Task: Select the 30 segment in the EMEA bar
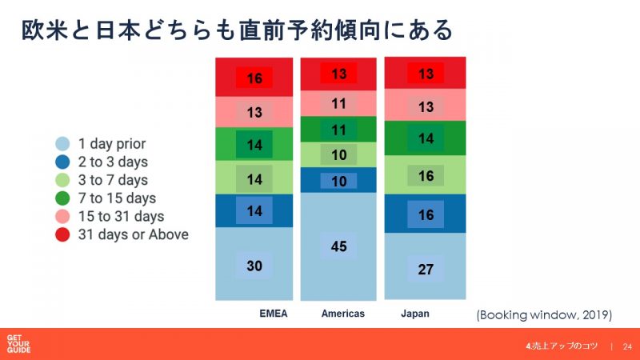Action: pyautogui.click(x=254, y=266)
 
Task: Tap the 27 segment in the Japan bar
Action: pyautogui.click(x=426, y=269)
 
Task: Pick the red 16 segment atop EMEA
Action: pyautogui.click(x=254, y=78)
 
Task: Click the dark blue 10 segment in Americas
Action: pyautogui.click(x=339, y=181)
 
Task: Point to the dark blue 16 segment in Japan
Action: pyautogui.click(x=426, y=214)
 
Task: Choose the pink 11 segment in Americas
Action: pyautogui.click(x=339, y=103)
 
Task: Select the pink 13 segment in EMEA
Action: pyautogui.click(x=254, y=112)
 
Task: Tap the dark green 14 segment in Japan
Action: pyautogui.click(x=426, y=138)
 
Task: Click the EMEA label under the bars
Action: pyautogui.click(x=254, y=314)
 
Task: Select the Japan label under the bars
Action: pyautogui.click(x=415, y=314)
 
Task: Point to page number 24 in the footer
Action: pyautogui.click(x=626, y=346)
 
